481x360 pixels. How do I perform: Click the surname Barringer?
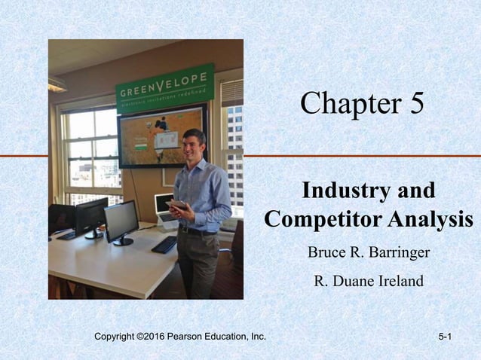(x=397, y=252)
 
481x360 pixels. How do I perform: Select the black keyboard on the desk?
(x=164, y=244)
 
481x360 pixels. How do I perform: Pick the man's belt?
(x=197, y=230)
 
